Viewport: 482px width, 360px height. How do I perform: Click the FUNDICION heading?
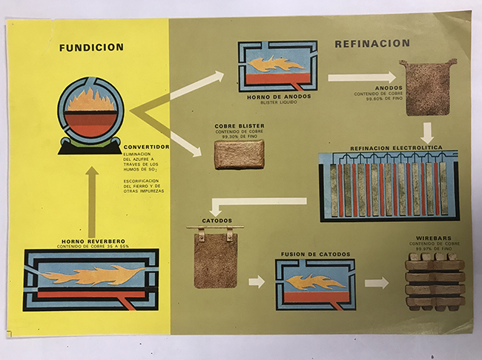click(91, 48)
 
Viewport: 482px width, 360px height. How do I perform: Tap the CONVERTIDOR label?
click(148, 147)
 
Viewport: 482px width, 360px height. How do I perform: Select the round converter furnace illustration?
click(91, 117)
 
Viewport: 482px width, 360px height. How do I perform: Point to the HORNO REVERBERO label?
click(91, 240)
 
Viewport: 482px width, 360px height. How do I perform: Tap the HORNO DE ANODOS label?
click(276, 97)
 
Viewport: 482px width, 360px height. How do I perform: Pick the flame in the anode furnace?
click(277, 65)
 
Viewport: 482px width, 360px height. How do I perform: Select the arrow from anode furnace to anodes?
click(362, 76)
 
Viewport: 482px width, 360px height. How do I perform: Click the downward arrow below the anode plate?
click(428, 133)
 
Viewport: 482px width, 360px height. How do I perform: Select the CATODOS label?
click(217, 220)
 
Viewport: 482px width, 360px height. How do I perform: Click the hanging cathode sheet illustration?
click(216, 257)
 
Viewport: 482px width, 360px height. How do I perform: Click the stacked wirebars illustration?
click(435, 281)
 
